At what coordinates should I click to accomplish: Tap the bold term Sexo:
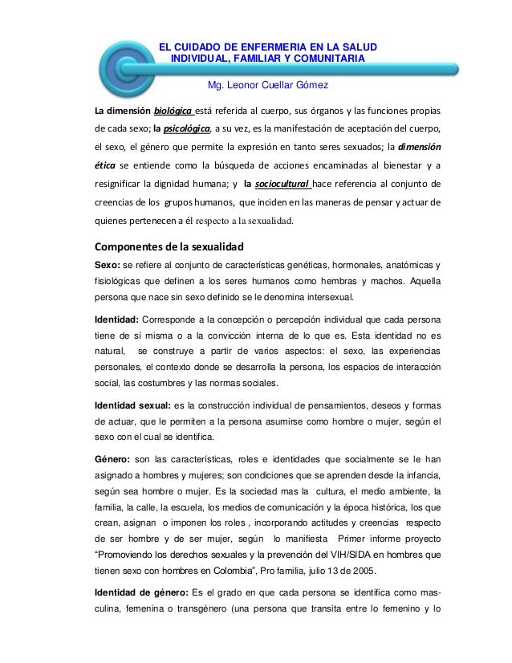tap(111, 265)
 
